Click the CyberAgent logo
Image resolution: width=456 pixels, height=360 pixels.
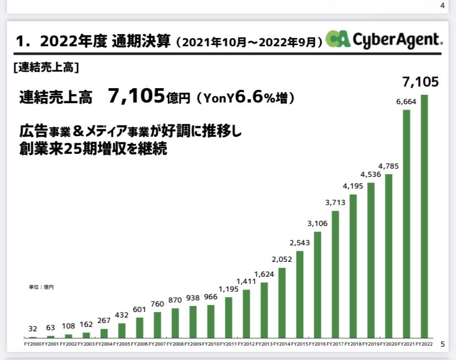click(384, 39)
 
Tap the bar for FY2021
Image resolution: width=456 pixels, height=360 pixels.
click(406, 223)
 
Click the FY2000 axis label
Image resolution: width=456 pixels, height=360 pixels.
click(33, 344)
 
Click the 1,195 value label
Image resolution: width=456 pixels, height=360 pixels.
click(228, 289)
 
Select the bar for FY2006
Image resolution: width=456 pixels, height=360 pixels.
click(140, 327)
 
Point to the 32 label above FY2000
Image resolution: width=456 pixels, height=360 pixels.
click(33, 329)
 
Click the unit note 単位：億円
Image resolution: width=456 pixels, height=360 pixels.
click(41, 287)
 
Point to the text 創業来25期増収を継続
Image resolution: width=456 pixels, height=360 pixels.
click(93, 149)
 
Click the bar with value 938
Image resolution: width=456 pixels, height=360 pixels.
click(193, 321)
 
